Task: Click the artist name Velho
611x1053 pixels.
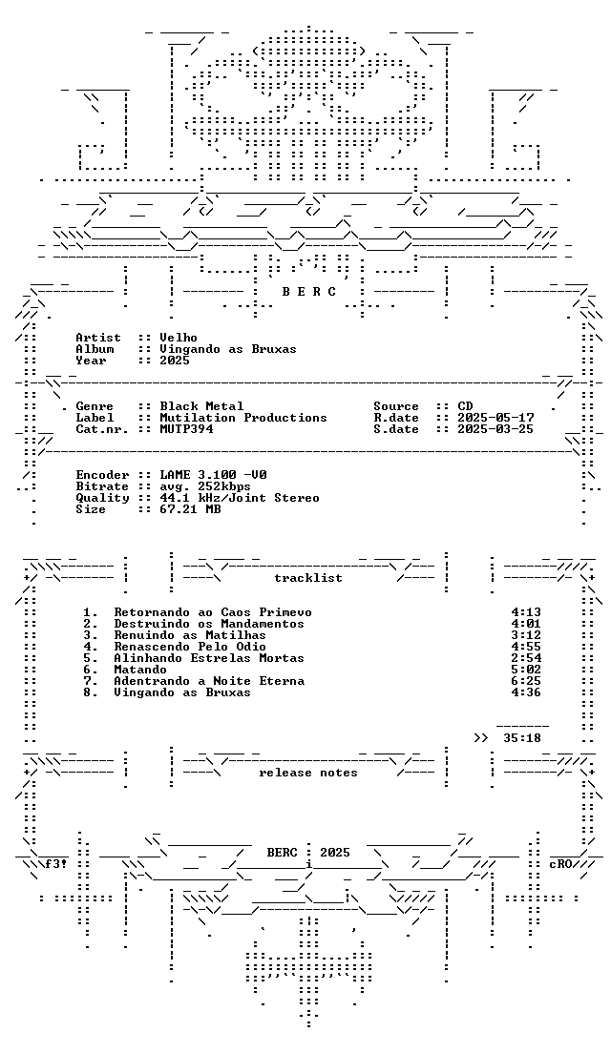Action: [x=179, y=338]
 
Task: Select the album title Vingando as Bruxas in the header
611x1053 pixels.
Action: [x=228, y=349]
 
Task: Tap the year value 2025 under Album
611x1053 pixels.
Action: [x=175, y=361]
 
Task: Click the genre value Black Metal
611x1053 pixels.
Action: [x=201, y=406]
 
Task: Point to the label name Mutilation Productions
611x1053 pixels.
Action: [x=243, y=418]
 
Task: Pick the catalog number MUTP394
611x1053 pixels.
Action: [x=186, y=429]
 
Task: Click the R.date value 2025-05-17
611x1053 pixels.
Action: [x=495, y=418]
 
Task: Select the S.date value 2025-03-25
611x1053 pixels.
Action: [x=495, y=429]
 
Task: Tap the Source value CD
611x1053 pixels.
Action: [x=465, y=406]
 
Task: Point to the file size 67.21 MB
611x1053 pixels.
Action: [x=190, y=509]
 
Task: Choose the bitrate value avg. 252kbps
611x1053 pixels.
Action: [x=205, y=486]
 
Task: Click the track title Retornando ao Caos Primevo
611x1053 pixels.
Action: [x=212, y=612]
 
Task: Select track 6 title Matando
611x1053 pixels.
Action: [x=140, y=670]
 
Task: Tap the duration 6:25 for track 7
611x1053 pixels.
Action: [x=526, y=681]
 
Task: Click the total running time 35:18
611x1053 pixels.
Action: [x=521, y=738]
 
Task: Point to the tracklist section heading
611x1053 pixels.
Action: [x=307, y=578]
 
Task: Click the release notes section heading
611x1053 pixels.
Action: [x=307, y=773]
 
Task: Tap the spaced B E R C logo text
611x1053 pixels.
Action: [x=308, y=292]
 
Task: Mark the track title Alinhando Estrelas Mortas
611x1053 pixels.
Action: [x=209, y=658]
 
